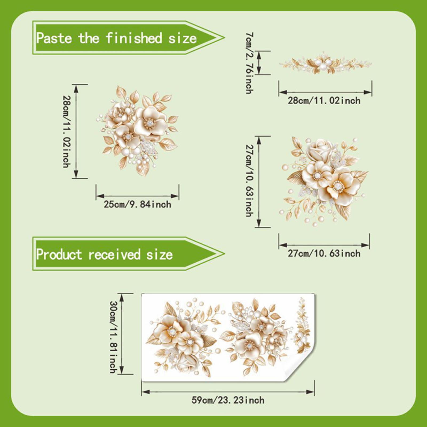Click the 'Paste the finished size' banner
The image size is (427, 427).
(128, 38)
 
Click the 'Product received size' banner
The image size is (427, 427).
(128, 254)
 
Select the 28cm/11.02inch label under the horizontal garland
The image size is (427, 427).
(324, 101)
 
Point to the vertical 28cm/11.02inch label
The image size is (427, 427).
(67, 131)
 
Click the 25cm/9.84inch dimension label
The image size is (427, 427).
(137, 204)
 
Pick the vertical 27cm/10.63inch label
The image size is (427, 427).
(250, 181)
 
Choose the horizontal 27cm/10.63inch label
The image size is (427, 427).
(324, 253)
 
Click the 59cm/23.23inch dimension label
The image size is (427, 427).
(228, 400)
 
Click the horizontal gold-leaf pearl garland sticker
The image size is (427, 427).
(325, 63)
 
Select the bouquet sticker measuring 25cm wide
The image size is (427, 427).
(137, 131)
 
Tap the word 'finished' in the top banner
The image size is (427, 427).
(134, 38)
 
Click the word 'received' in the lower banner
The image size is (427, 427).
(114, 254)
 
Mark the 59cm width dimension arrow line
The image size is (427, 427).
(228, 392)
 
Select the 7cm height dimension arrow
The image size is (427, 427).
(259, 63)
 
